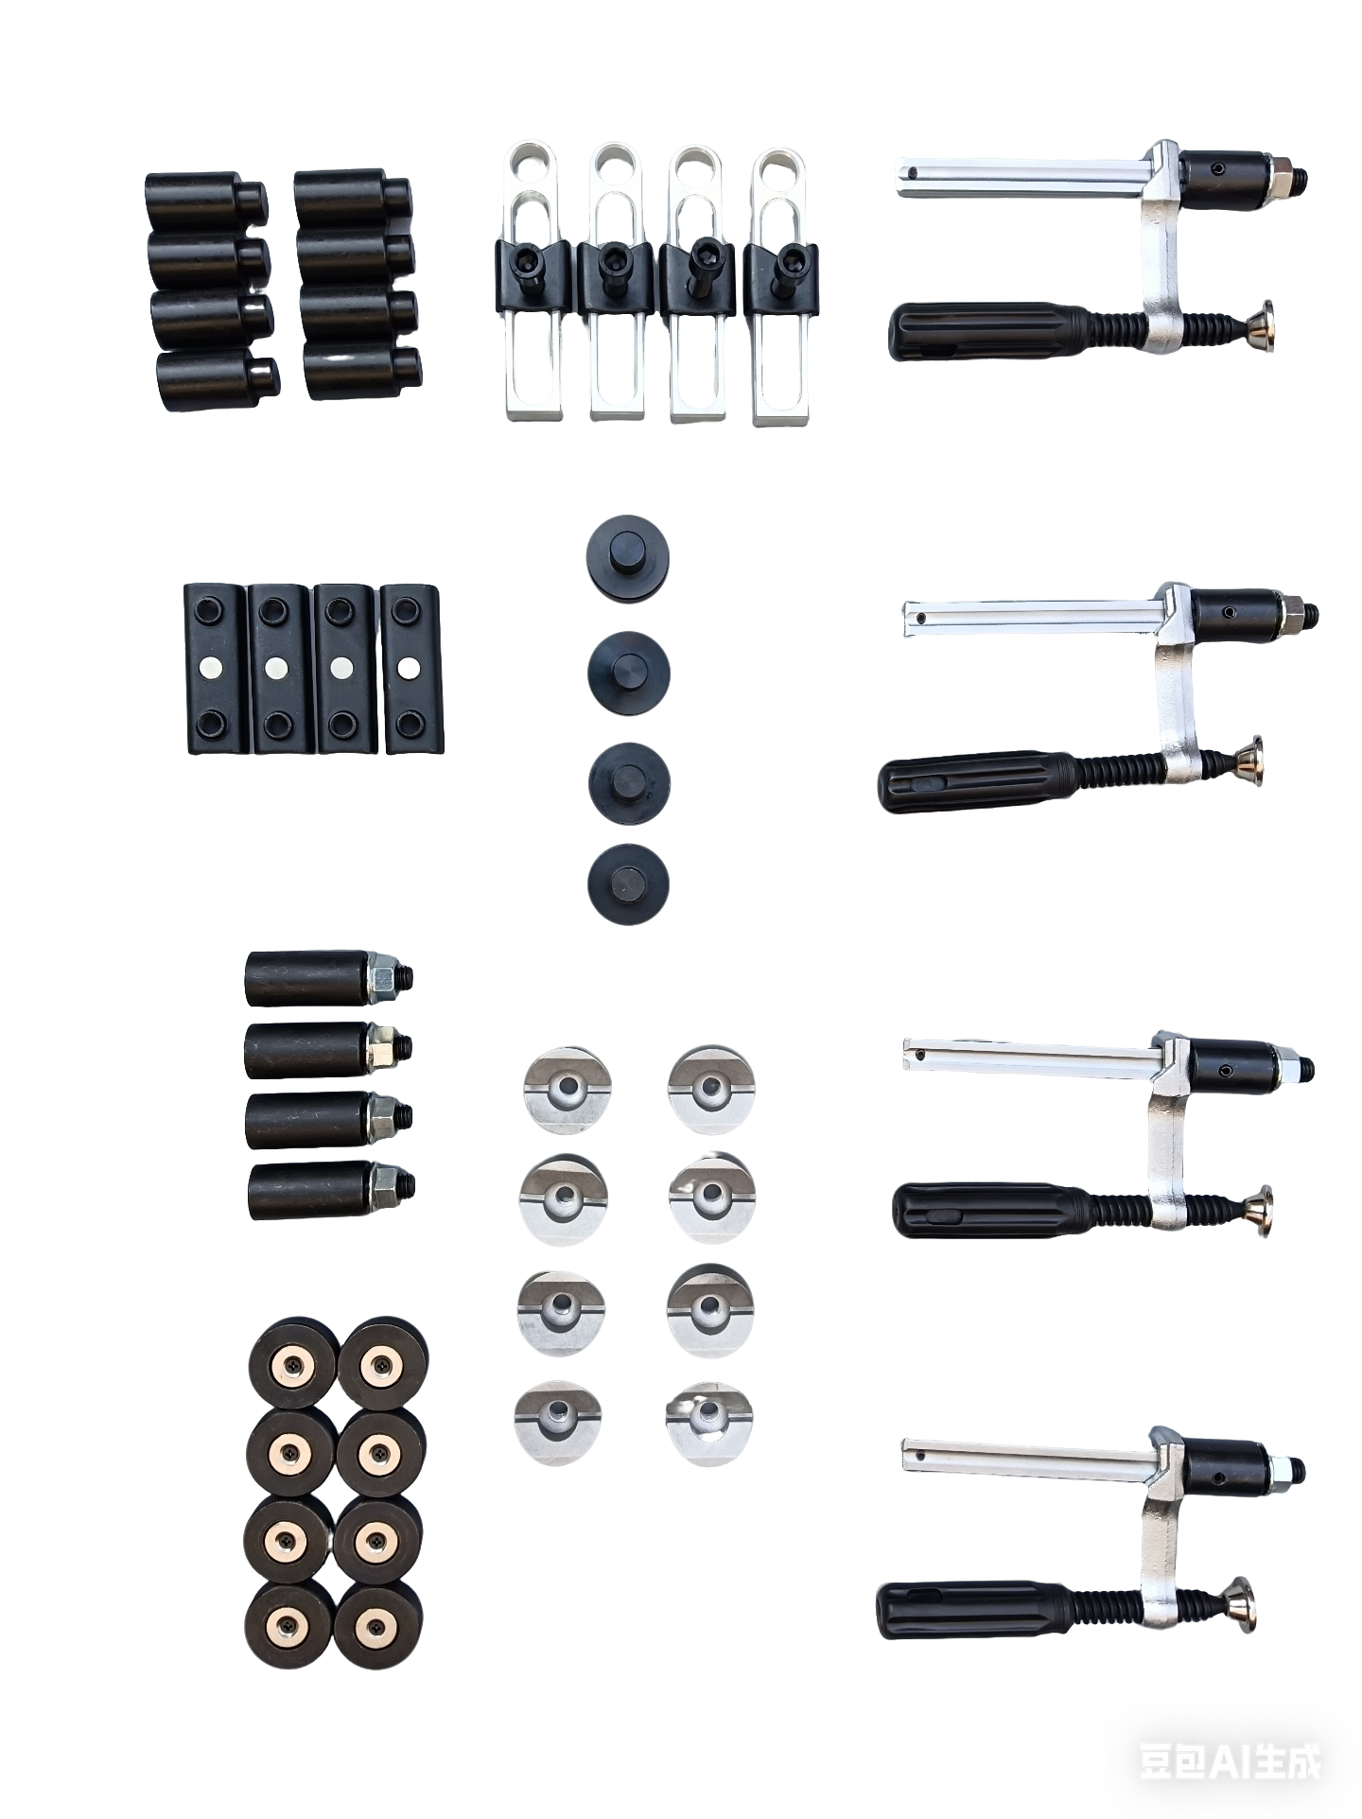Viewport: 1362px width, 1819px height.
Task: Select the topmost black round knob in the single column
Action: click(x=628, y=559)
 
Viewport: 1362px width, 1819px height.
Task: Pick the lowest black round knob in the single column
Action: click(x=628, y=883)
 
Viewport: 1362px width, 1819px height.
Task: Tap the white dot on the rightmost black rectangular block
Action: click(x=409, y=668)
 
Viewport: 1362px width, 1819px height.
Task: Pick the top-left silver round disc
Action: click(x=567, y=1089)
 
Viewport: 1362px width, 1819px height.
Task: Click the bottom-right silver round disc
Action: click(x=708, y=1425)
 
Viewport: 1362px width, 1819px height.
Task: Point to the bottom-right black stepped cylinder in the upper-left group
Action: click(x=363, y=373)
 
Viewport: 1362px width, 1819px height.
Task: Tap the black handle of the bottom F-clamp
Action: click(x=974, y=1608)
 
